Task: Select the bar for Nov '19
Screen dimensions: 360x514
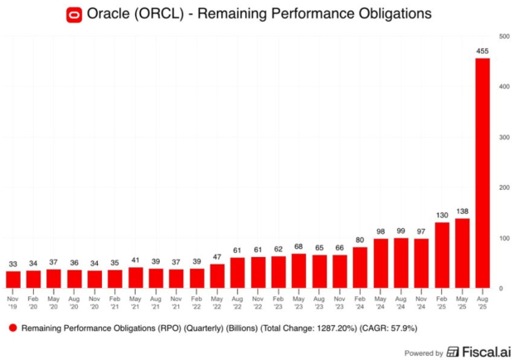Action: [x=13, y=280]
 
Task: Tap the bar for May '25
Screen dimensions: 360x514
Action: [x=462, y=253]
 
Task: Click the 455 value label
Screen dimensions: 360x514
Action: [x=482, y=51]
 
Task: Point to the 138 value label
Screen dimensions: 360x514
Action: [x=462, y=212]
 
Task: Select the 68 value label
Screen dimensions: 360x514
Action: [x=298, y=246]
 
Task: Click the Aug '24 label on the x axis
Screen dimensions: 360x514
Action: [x=400, y=300]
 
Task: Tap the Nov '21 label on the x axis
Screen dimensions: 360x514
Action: [x=177, y=300]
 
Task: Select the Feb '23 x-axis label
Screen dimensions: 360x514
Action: [x=279, y=300]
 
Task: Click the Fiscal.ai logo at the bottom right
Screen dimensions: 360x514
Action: [x=477, y=352]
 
